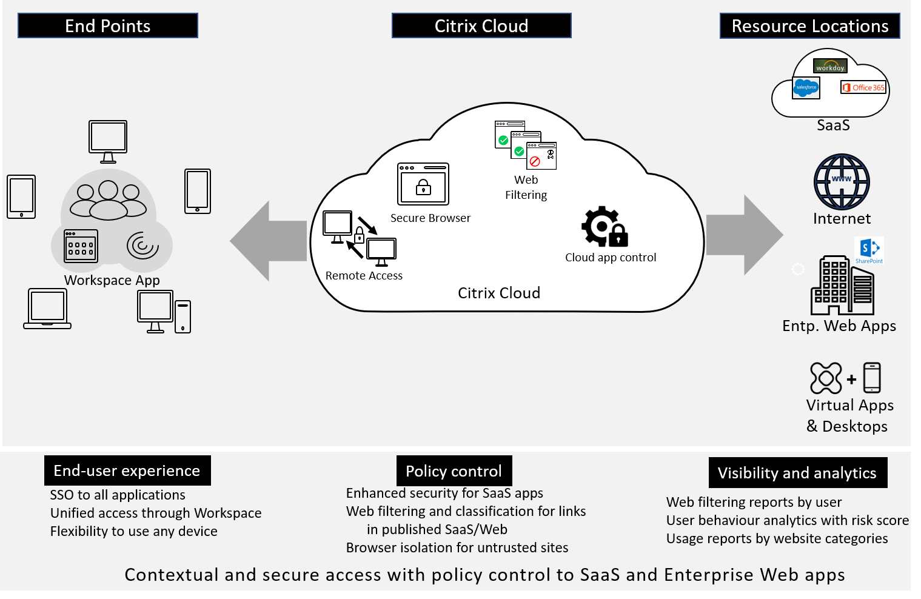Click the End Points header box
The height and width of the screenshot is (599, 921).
[108, 25]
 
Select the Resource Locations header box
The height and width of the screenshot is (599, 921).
[809, 25]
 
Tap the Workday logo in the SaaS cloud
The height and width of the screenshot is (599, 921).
[830, 65]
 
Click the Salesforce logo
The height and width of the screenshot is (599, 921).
[806, 88]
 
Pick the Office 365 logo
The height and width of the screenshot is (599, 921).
[863, 87]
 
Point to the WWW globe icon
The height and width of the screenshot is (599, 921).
[842, 181]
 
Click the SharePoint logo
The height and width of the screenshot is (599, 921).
[869, 250]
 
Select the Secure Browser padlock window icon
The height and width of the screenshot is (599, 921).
[423, 184]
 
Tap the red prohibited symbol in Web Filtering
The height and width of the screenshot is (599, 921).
[535, 161]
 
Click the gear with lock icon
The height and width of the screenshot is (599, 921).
[605, 227]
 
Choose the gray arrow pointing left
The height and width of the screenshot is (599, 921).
[268, 241]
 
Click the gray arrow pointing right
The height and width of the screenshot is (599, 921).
[745, 235]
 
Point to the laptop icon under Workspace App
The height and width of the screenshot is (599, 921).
[47, 309]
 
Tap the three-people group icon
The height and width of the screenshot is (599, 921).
[108, 200]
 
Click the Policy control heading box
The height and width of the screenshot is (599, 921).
[454, 470]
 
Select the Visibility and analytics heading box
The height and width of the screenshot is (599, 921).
[798, 472]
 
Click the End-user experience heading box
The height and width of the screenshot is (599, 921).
[127, 470]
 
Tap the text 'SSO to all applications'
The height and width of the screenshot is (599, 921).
[118, 495]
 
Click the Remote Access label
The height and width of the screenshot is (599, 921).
[364, 275]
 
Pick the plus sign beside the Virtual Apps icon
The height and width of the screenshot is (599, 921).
[851, 379]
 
